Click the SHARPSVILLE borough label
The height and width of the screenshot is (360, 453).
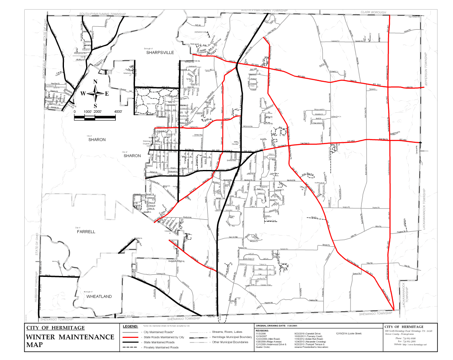(x=160, y=52)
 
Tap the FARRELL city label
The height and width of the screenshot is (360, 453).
(x=86, y=231)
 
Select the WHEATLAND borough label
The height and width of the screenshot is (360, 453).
(x=99, y=297)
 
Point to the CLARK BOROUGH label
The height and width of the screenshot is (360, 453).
(x=373, y=13)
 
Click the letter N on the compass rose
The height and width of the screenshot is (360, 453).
(x=95, y=82)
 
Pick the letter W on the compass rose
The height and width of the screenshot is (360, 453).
(x=83, y=94)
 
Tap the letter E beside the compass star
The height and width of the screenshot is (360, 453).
(x=107, y=94)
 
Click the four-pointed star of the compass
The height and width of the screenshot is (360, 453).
(x=95, y=94)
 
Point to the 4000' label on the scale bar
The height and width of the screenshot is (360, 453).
(x=118, y=112)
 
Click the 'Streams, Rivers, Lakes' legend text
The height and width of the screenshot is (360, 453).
(x=227, y=332)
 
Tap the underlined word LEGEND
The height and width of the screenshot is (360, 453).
(x=130, y=326)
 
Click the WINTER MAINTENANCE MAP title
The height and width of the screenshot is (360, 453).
(x=70, y=341)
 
